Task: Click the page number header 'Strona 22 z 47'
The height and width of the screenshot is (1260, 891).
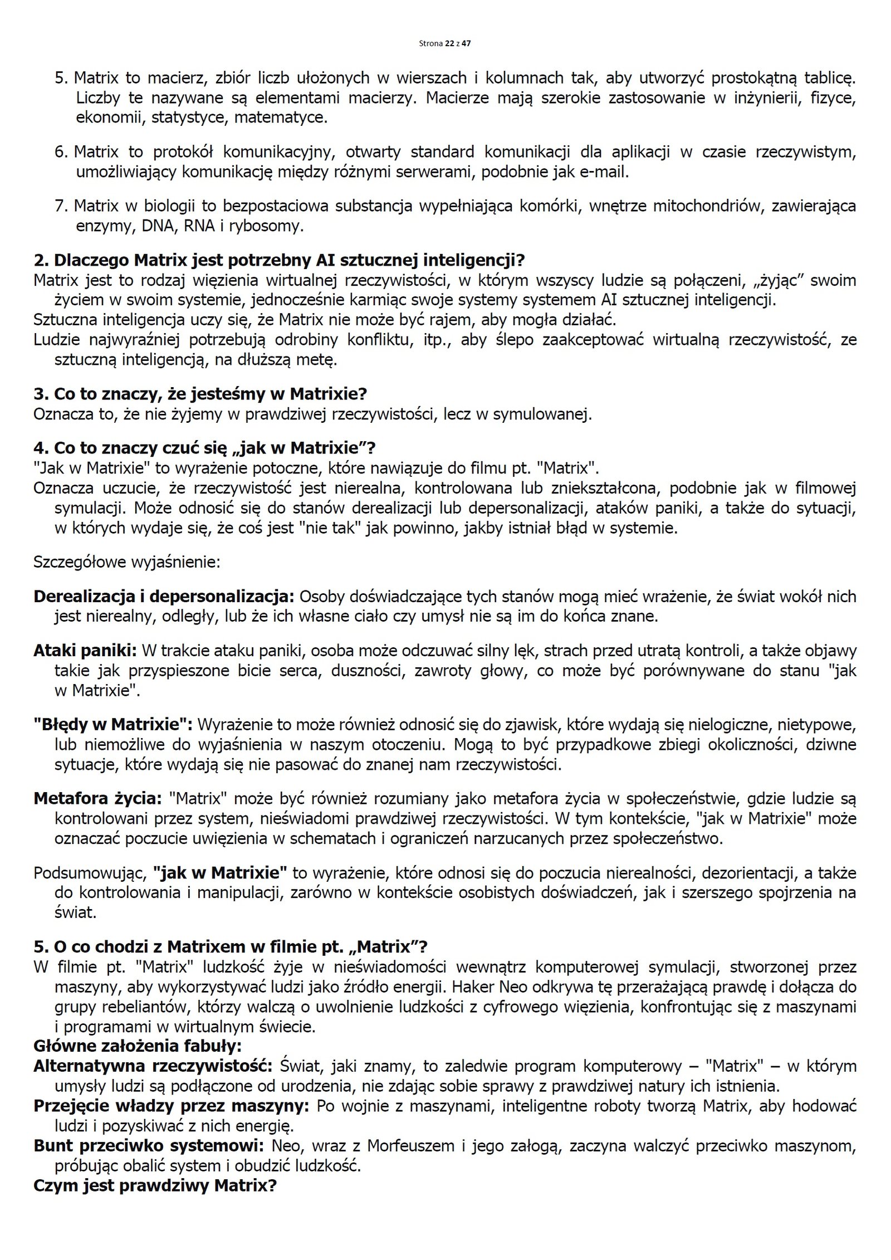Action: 445,43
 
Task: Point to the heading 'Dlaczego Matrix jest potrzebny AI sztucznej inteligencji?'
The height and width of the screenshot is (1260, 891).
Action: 279,260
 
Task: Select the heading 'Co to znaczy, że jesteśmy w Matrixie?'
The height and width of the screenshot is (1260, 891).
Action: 200,394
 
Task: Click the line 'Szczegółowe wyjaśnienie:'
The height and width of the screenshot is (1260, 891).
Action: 127,561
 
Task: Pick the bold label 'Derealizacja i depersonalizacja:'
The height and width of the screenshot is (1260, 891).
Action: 164,596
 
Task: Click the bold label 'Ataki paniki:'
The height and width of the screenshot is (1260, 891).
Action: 85,650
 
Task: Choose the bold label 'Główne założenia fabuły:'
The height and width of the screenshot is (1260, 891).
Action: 137,1046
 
